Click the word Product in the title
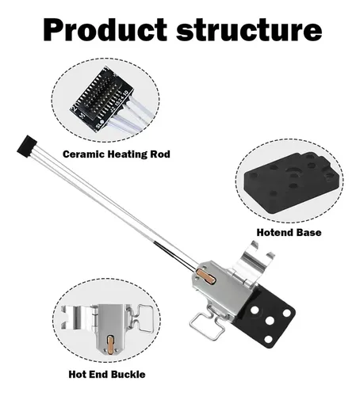tap(105, 29)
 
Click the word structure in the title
tap(249, 30)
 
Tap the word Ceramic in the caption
tap(84, 154)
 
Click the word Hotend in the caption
tap(274, 233)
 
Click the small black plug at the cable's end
tap(27, 147)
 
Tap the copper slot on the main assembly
tap(206, 276)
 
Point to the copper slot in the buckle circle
tap(111, 344)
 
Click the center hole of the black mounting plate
tap(270, 322)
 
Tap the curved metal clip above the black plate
tap(255, 258)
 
